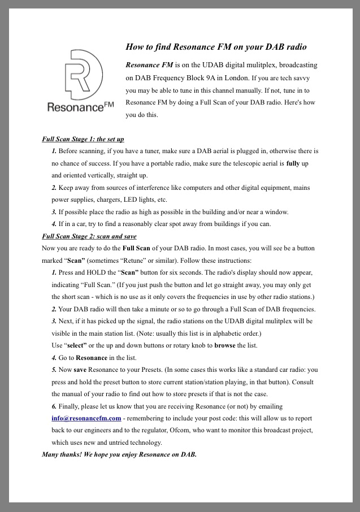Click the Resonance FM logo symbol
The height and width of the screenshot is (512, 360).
click(83, 75)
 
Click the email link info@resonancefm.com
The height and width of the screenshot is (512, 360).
click(86, 418)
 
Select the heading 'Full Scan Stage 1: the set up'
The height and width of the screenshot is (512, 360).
click(83, 139)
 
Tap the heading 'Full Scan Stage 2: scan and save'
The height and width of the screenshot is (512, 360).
click(89, 236)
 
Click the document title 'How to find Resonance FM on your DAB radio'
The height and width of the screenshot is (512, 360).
click(216, 47)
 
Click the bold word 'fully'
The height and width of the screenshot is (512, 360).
click(293, 163)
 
